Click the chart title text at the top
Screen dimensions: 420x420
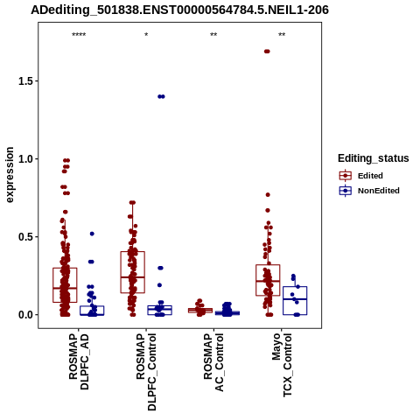coord(180,10)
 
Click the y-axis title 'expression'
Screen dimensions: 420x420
coord(10,175)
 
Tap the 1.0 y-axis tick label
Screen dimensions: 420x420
coord(25,159)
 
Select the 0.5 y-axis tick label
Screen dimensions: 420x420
coord(25,237)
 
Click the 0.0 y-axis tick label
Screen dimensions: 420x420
coord(25,315)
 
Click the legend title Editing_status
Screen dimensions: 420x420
coord(374,158)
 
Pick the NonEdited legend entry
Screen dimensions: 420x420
coord(369,191)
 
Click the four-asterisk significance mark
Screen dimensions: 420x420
coord(79,35)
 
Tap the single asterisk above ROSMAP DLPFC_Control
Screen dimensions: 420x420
coord(146,35)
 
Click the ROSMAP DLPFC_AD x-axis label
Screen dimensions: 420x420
coord(79,361)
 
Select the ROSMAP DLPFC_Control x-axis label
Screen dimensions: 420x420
coord(146,372)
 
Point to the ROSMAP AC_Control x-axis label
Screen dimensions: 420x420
coord(213,362)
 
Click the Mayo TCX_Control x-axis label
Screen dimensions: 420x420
coord(282,365)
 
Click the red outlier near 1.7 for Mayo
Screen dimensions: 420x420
coord(267,52)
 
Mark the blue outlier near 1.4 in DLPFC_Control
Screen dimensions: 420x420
coord(161,96)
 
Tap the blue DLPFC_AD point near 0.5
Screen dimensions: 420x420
coord(92,234)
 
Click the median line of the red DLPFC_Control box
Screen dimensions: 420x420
coord(133,277)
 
